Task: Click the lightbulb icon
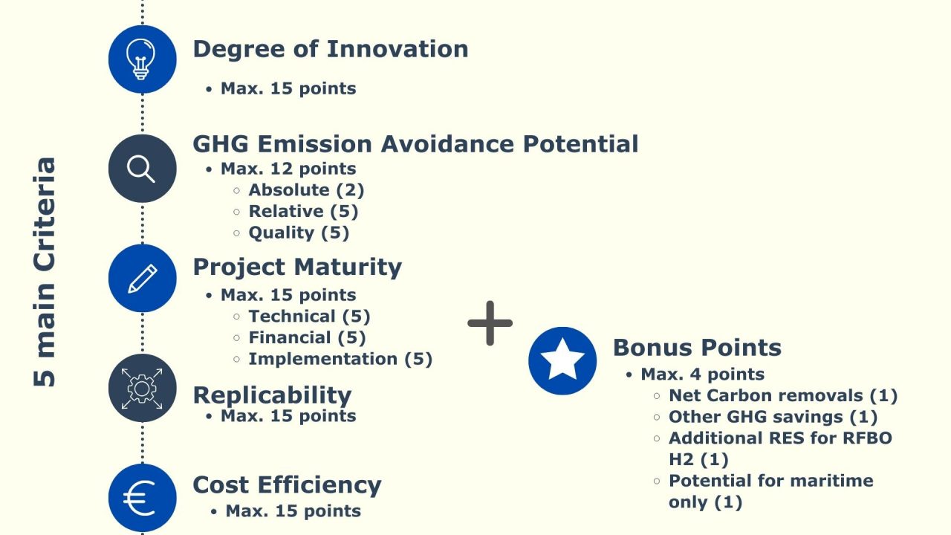click(x=142, y=59)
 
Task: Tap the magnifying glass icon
click(x=142, y=169)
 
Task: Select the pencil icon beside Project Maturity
click(x=142, y=279)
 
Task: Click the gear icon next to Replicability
click(x=142, y=388)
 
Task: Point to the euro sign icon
click(x=142, y=498)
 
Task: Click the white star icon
click(x=562, y=361)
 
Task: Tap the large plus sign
click(x=490, y=322)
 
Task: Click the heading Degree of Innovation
click(x=331, y=49)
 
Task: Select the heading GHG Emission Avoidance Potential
click(x=415, y=143)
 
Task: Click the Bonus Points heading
click(x=697, y=347)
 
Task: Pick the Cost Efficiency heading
click(x=287, y=484)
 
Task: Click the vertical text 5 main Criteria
click(x=45, y=271)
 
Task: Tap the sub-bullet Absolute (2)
click(x=306, y=190)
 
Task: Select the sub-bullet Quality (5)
click(x=299, y=233)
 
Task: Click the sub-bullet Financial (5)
click(x=307, y=337)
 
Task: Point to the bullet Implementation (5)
click(x=340, y=359)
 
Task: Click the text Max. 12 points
click(x=288, y=169)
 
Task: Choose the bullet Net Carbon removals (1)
click(x=783, y=395)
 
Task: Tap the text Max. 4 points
click(x=703, y=374)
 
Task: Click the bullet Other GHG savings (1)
click(x=773, y=417)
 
